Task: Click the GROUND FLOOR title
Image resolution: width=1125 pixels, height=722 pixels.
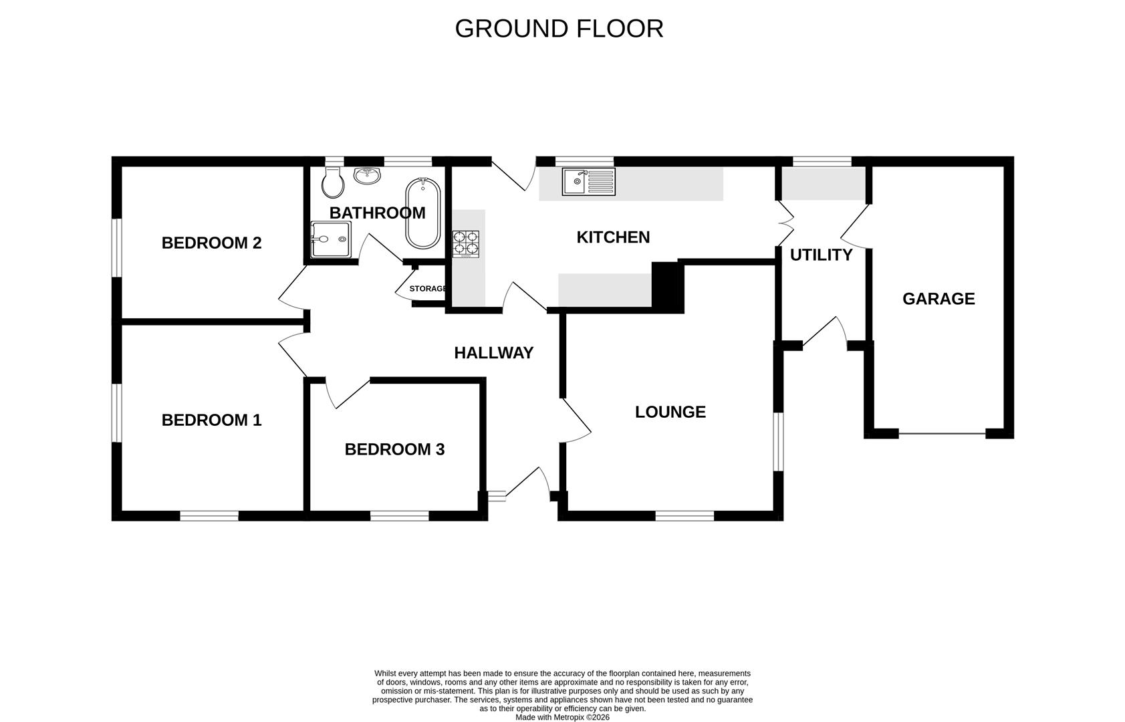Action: (559, 29)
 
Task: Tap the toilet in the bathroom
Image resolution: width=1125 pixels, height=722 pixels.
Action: (332, 182)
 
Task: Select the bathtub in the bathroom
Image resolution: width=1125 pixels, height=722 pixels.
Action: (422, 213)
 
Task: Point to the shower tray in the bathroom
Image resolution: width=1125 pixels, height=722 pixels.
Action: (330, 239)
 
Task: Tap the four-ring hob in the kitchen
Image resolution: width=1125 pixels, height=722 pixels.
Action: (466, 244)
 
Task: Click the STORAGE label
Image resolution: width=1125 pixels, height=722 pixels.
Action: (428, 289)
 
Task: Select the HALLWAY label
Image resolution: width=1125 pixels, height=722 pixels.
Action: (493, 353)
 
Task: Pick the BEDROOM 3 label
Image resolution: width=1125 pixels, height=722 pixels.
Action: (394, 449)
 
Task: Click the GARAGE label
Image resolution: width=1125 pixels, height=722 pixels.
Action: (939, 299)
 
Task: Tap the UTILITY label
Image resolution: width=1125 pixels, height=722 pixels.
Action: (821, 255)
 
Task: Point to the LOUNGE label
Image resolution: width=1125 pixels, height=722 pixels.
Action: (670, 412)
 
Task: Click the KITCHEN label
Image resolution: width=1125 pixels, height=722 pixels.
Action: (613, 237)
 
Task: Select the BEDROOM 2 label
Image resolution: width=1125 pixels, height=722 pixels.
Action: (211, 243)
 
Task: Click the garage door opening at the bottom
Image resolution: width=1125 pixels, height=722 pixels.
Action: (942, 435)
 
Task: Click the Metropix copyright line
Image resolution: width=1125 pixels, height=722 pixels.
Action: (562, 717)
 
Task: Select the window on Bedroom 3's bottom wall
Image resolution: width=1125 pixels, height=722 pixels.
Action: (399, 515)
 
